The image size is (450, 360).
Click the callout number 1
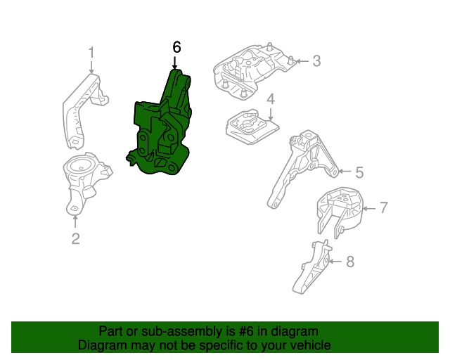point(91,52)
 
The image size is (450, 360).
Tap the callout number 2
point(75,239)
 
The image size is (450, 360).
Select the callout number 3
point(316,61)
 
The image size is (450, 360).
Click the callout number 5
point(359,172)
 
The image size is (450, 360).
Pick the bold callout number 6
point(176,47)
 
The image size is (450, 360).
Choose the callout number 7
point(383,207)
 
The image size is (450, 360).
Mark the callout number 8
point(350,262)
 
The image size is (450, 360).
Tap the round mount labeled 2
point(82,179)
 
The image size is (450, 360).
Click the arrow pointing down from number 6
point(174,63)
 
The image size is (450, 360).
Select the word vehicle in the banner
point(309,346)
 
